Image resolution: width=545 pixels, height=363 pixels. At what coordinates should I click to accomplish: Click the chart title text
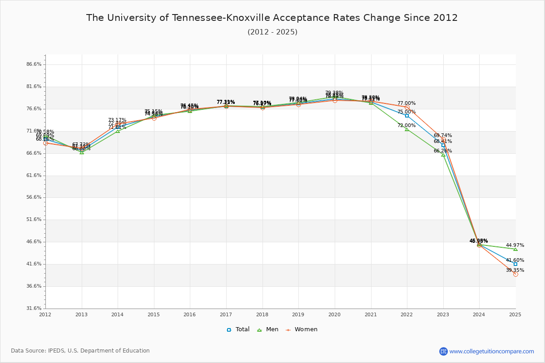click(272, 18)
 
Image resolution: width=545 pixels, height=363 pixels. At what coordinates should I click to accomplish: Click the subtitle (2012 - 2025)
click(272, 32)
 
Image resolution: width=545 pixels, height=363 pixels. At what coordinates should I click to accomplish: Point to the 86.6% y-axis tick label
click(34, 64)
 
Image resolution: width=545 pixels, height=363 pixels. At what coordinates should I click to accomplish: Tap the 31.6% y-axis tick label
click(34, 309)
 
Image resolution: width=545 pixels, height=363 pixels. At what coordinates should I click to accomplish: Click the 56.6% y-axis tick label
click(34, 197)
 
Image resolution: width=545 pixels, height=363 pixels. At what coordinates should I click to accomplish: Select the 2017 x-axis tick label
click(226, 314)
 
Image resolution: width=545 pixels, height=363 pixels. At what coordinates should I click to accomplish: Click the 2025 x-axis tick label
click(515, 314)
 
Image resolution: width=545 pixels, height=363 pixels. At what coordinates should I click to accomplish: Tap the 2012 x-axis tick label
click(45, 314)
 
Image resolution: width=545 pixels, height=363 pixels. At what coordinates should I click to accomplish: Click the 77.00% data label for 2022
click(406, 103)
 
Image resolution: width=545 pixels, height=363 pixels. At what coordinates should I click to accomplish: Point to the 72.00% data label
click(406, 126)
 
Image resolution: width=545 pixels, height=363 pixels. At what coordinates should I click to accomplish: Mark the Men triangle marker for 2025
click(515, 249)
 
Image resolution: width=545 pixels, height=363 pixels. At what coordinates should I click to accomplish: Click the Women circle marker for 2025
click(515, 274)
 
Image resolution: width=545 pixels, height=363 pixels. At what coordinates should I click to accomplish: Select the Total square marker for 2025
click(515, 264)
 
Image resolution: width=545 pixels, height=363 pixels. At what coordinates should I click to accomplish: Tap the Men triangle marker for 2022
click(407, 130)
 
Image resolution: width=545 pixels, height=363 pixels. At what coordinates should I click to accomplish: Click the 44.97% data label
click(515, 245)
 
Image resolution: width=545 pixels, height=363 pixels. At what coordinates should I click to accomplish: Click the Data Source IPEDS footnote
click(80, 351)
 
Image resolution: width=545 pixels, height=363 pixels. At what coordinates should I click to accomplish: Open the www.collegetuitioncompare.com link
click(491, 351)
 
